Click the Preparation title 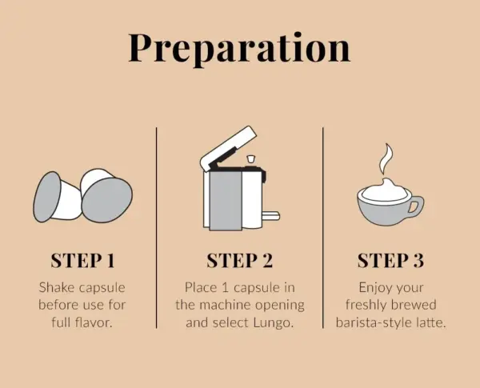[239, 48]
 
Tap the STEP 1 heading [82, 260]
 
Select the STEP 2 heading [240, 260]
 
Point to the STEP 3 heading [390, 260]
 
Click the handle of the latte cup [414, 206]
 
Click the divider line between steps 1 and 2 [156, 232]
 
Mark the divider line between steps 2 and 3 [323, 232]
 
